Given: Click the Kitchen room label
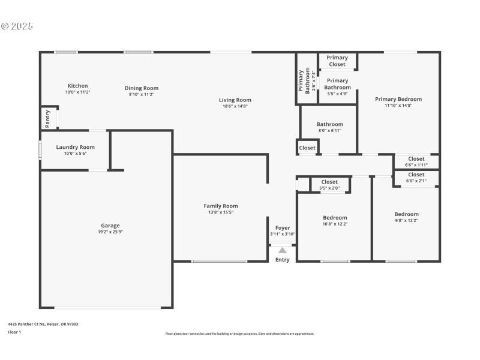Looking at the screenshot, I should coord(77,86).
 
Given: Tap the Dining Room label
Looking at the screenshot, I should coord(142,88).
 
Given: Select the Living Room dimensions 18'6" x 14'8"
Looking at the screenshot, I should coord(235,106).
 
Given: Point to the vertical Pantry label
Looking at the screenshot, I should coord(47,118).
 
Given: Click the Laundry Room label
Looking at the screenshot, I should coord(75,147).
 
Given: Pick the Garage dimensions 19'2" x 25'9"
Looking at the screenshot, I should coord(110,232).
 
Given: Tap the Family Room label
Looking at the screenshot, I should coord(220,206).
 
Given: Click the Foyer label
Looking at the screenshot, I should coord(282,228).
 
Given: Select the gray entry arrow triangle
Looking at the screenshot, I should coord(282,250).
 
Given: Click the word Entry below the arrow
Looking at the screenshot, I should coord(282,260).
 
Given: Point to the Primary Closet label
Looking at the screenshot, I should coord(337,61).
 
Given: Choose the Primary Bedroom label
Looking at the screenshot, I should coord(398,99).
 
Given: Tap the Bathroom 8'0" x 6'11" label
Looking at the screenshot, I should coord(329,125).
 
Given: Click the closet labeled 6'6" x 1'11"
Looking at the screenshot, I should coord(416,161).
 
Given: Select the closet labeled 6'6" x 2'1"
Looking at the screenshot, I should coord(416,178).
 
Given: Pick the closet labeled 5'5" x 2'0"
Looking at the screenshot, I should coord(329,185).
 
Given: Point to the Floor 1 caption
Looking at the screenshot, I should coord(14,332).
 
